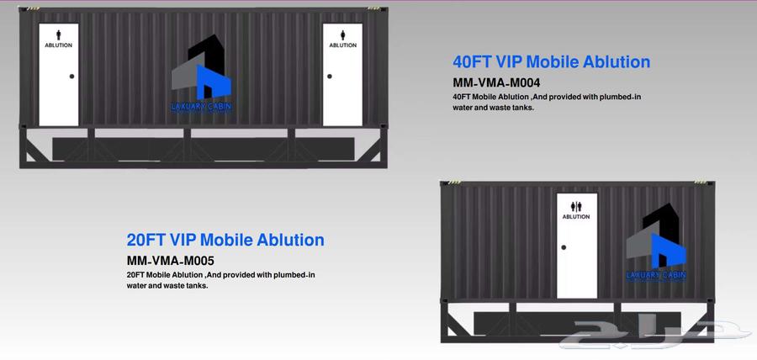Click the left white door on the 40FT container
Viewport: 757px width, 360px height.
(x=58, y=74)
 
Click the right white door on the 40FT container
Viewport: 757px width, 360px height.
(x=342, y=74)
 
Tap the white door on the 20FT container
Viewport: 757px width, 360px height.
(x=577, y=246)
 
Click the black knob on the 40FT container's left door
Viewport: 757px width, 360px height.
(x=72, y=77)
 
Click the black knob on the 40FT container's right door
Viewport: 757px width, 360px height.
(x=330, y=77)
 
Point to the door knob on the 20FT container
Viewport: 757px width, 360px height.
(x=564, y=247)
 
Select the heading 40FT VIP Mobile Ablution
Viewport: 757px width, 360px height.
(x=551, y=61)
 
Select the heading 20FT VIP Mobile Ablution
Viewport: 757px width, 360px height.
(x=225, y=240)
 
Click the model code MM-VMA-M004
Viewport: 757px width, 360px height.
(x=496, y=82)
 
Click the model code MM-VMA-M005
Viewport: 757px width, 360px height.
(x=171, y=261)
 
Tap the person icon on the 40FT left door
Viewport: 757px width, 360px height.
(x=58, y=34)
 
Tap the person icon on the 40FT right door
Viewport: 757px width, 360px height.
(x=343, y=34)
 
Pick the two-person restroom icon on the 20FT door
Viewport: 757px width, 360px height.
(x=576, y=207)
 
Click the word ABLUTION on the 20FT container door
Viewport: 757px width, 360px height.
(x=576, y=217)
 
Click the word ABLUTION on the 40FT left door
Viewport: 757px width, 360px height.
(x=58, y=45)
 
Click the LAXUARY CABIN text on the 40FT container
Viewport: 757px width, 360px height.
(x=202, y=107)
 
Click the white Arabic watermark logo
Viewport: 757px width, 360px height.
(x=655, y=334)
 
